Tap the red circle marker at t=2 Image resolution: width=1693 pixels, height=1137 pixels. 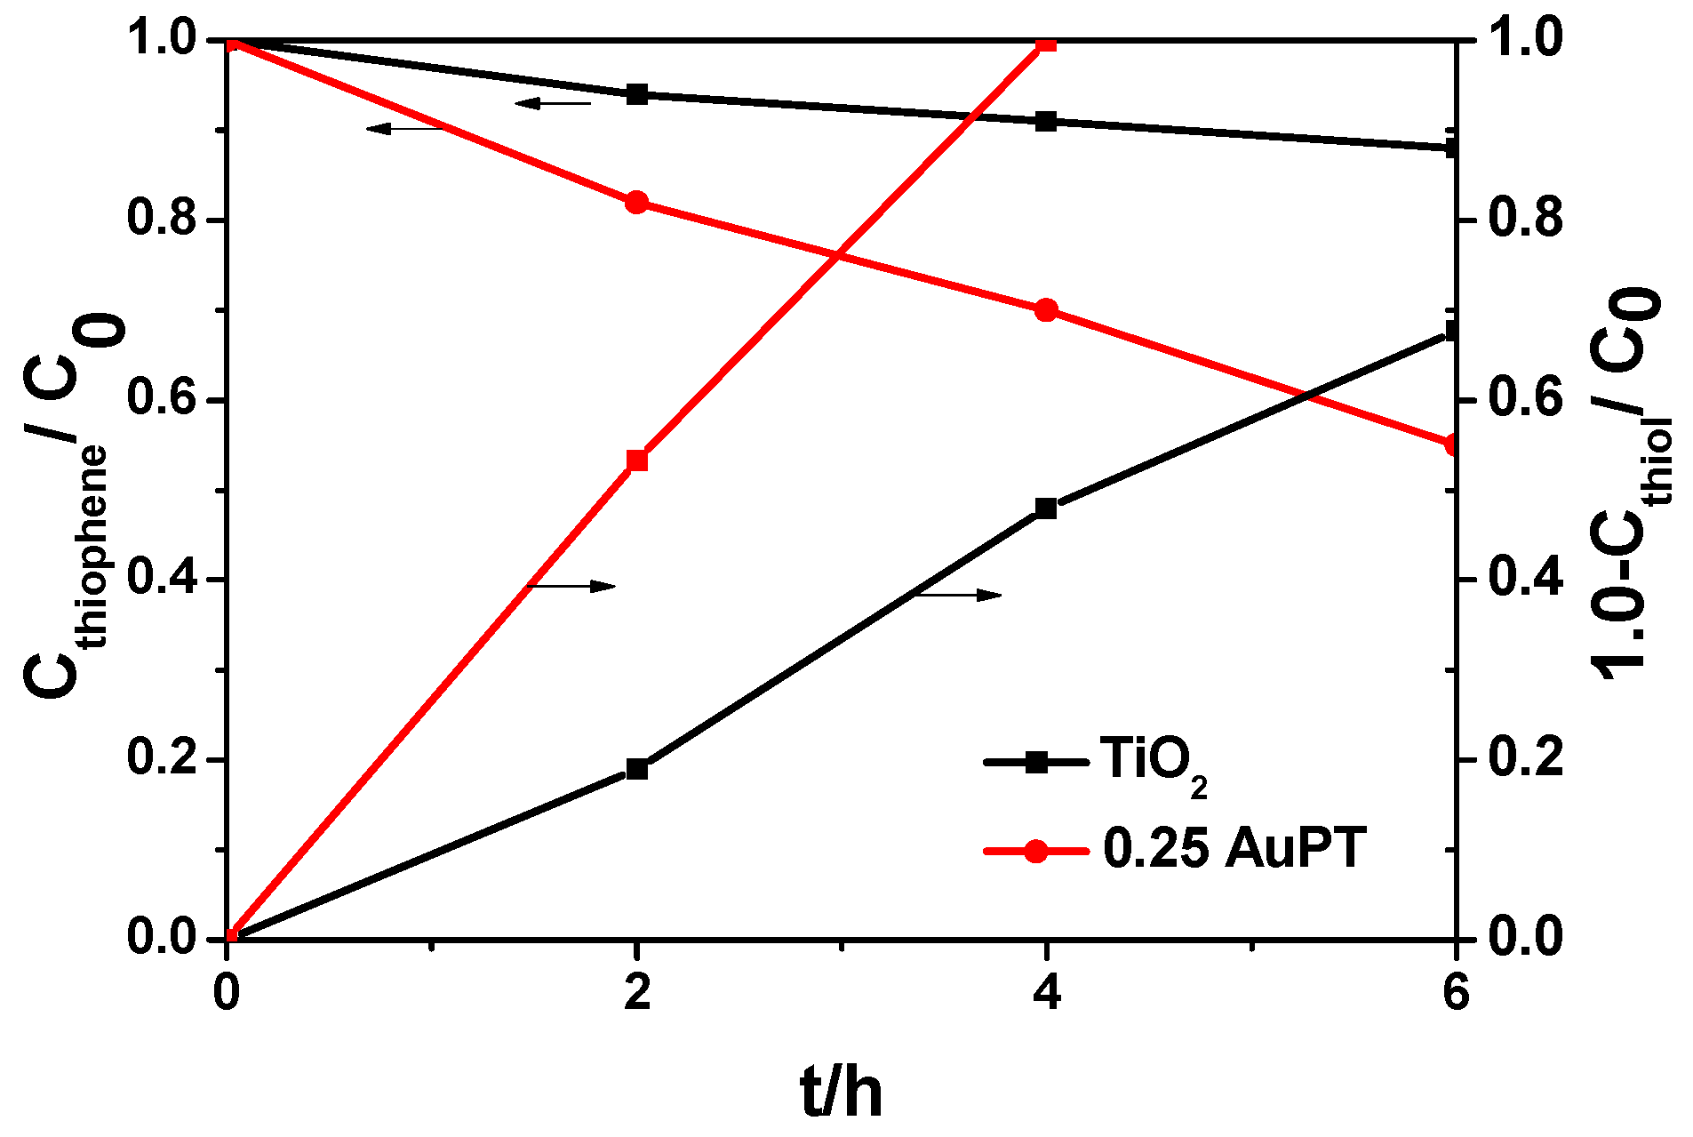pyautogui.click(x=636, y=203)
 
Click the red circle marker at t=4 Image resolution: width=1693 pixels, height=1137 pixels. pyautogui.click(x=1046, y=310)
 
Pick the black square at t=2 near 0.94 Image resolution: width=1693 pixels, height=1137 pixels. pyautogui.click(x=636, y=94)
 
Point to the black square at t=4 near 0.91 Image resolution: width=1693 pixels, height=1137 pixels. pyautogui.click(x=1046, y=121)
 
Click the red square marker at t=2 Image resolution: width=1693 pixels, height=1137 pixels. pyautogui.click(x=636, y=460)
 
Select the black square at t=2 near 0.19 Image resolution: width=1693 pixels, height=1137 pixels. pyautogui.click(x=636, y=768)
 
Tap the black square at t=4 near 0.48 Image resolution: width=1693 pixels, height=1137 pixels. pyautogui.click(x=1046, y=508)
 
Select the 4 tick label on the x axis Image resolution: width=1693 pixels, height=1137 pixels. pyautogui.click(x=1047, y=992)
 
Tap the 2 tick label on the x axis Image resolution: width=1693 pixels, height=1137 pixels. pyautogui.click(x=637, y=992)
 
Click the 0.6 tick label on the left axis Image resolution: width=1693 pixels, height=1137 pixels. pyautogui.click(x=162, y=400)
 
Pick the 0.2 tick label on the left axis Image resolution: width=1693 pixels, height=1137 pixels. pyautogui.click(x=162, y=759)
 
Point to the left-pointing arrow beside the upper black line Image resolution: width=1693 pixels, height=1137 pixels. pyautogui.click(x=553, y=103)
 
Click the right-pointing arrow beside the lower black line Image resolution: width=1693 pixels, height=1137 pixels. pyautogui.click(x=958, y=595)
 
